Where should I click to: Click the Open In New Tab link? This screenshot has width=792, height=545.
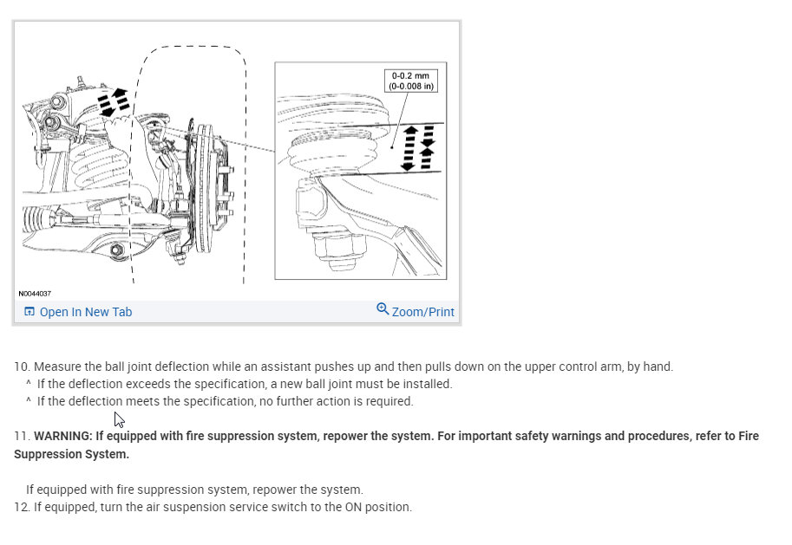click(x=85, y=312)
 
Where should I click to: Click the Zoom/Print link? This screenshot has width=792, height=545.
click(x=422, y=312)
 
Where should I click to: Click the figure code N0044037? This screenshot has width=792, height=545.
click(x=34, y=294)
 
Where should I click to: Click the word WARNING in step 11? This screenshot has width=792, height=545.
click(x=62, y=436)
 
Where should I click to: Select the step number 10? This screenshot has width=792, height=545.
click(x=21, y=367)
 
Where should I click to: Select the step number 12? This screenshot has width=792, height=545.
click(x=21, y=507)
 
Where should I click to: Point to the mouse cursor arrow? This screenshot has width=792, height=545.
click(x=119, y=418)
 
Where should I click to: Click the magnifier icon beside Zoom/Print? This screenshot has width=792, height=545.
click(x=383, y=309)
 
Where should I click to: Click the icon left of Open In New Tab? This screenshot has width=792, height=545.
click(x=29, y=312)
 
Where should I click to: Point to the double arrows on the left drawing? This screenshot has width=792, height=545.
click(x=114, y=101)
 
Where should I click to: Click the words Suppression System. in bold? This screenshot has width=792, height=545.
click(x=71, y=454)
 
